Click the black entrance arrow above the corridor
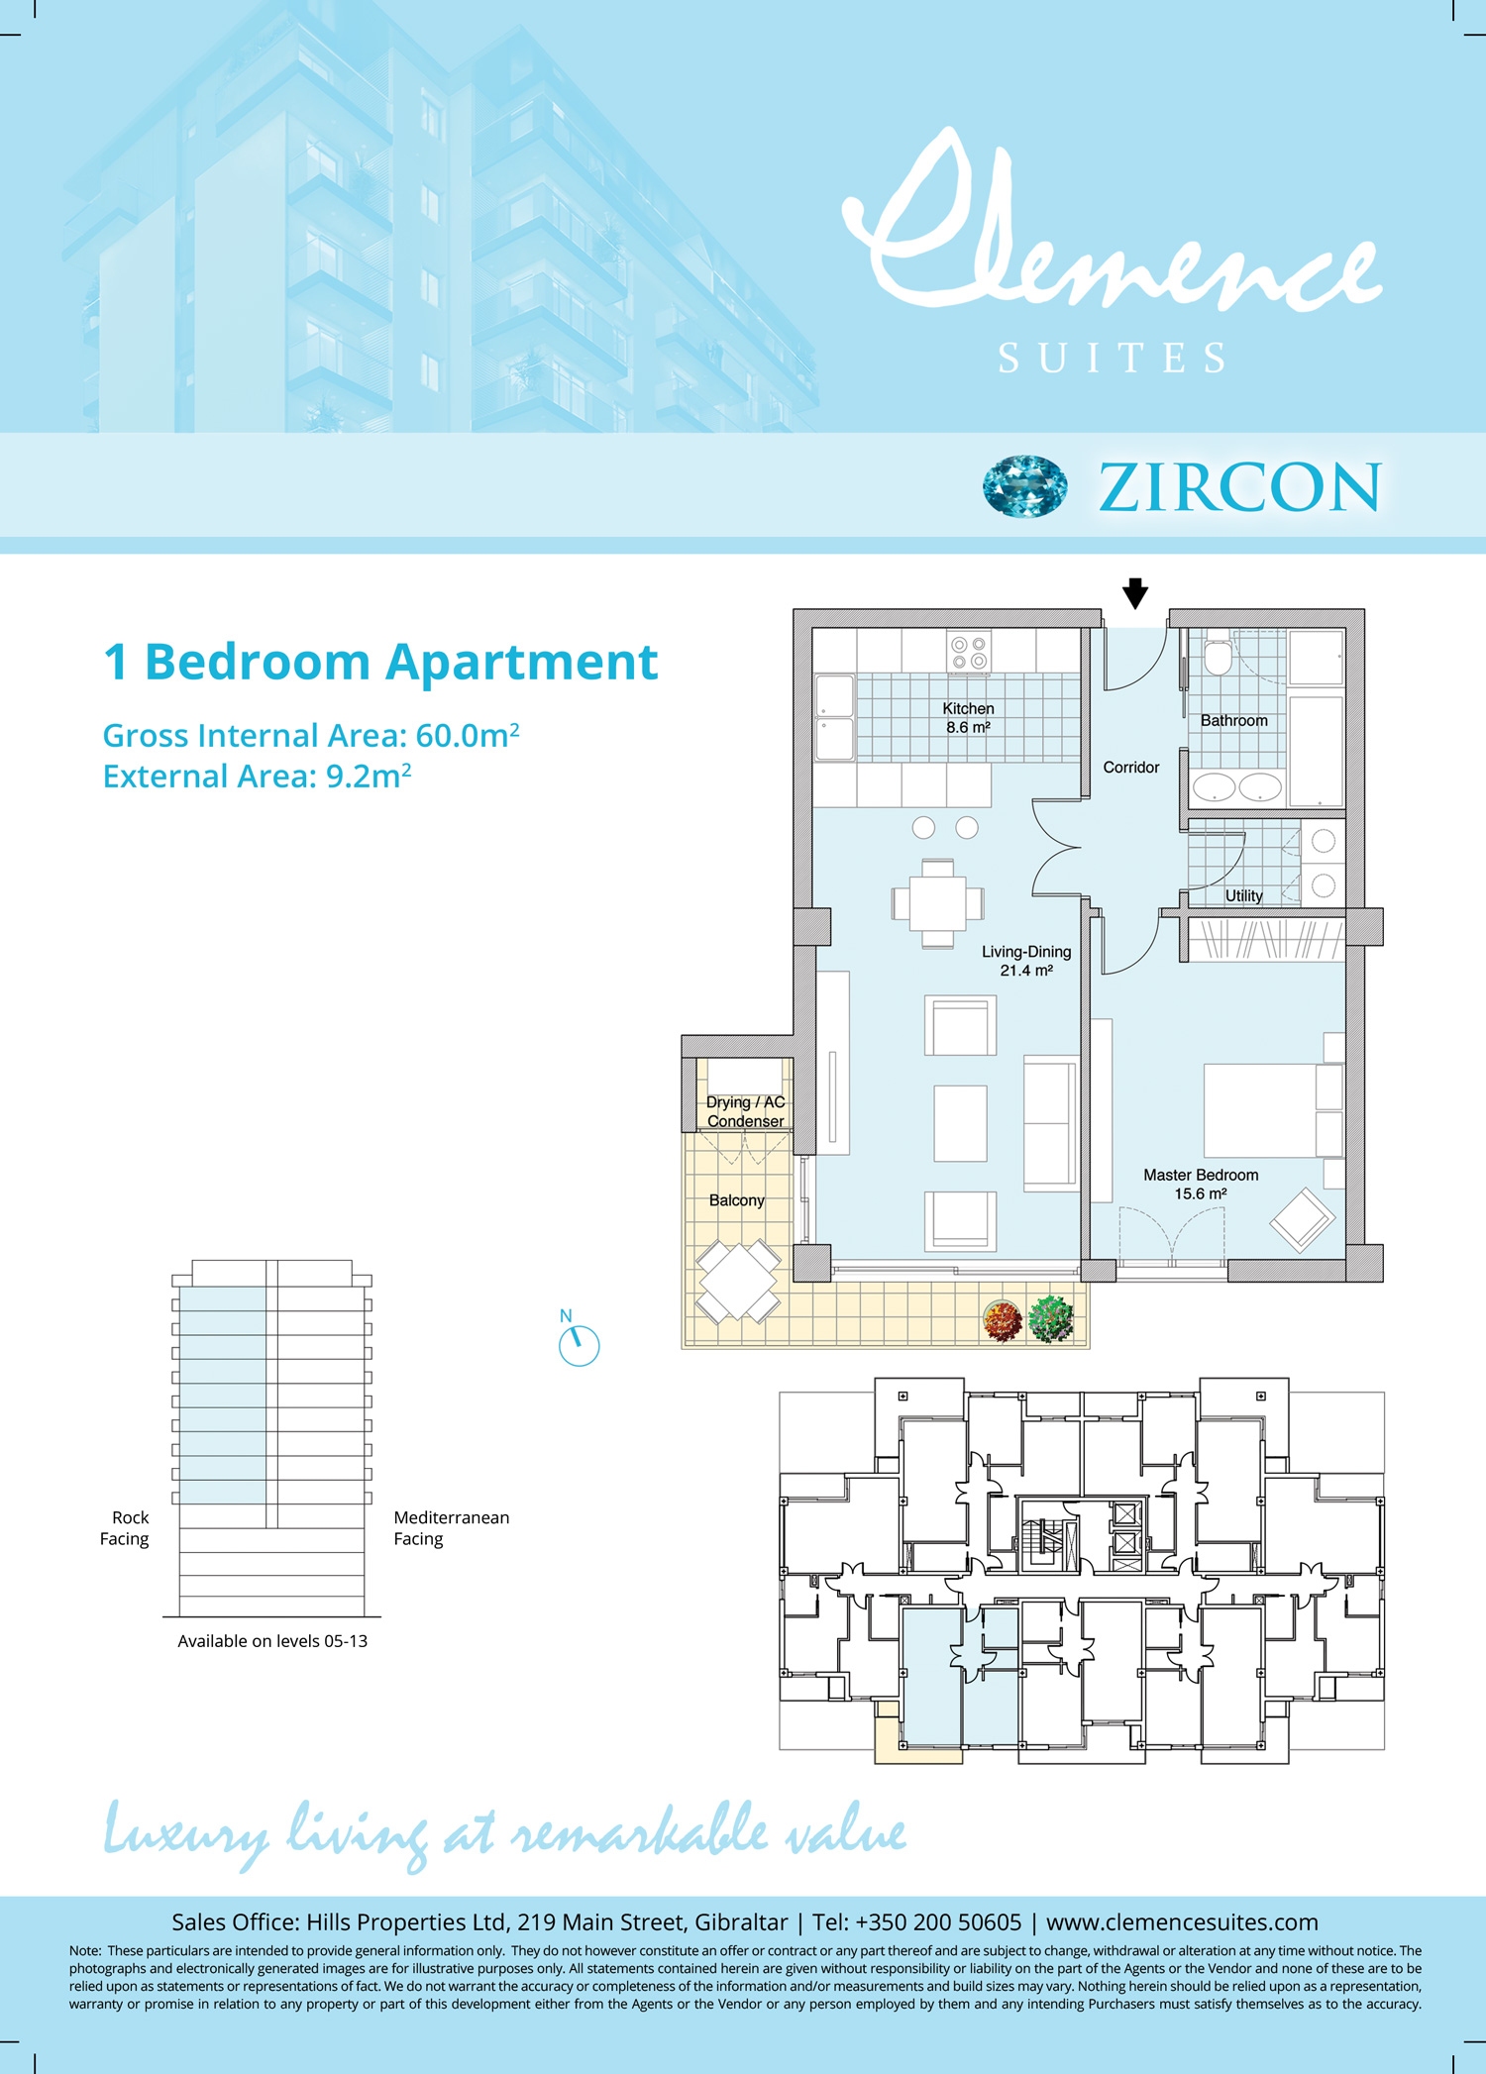pos(1135,593)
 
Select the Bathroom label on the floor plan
pos(1233,721)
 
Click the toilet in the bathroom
pos(1219,656)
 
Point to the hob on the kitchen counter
pos(969,653)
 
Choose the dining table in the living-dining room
pos(937,903)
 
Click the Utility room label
pos(1244,895)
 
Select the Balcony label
pos(736,1200)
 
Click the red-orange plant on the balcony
pos(1003,1320)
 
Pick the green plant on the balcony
pos(1052,1319)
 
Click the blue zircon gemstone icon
pos(1025,486)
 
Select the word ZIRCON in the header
pos(1239,487)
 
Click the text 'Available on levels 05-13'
pos(272,1641)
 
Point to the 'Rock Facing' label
pos(125,1528)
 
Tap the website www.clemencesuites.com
pos(1182,1922)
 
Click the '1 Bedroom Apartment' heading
pos(380,663)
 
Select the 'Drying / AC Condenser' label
pos(745,1111)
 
